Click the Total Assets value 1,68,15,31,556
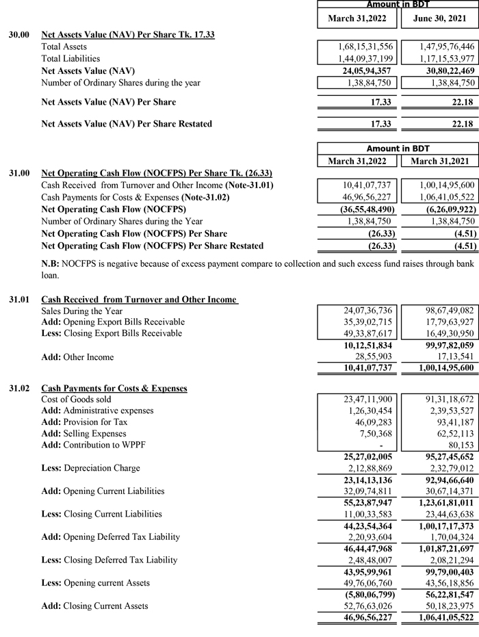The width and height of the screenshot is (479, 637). (x=365, y=46)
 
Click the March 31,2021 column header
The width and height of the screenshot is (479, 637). (x=438, y=161)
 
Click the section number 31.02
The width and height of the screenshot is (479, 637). (x=19, y=388)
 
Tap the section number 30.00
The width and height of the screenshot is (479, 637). (x=19, y=34)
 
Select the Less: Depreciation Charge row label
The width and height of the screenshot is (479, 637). (x=90, y=468)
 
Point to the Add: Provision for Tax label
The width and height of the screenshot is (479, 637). (x=84, y=422)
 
